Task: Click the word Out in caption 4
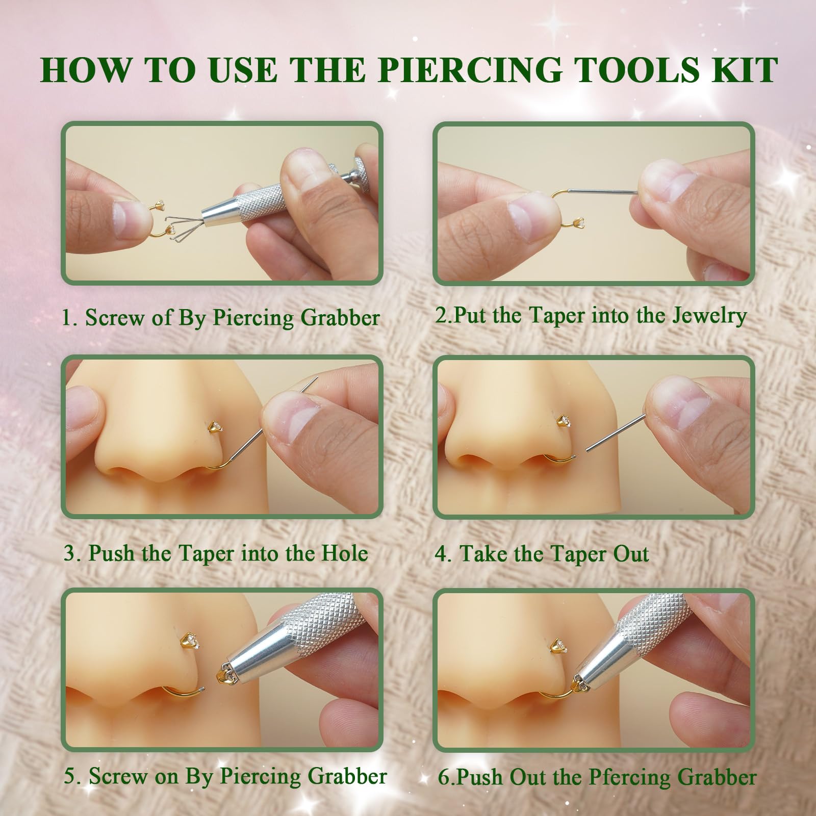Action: (631, 554)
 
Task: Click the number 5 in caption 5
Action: (70, 777)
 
